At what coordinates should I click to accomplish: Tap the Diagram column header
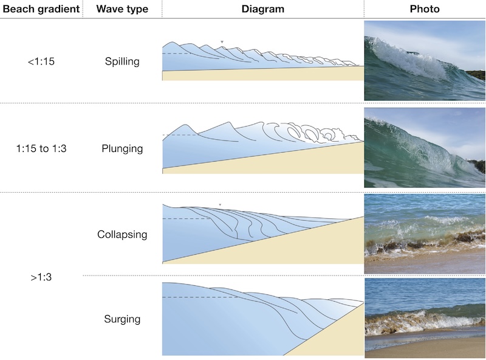pyautogui.click(x=263, y=9)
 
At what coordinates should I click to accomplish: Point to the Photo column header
pyautogui.click(x=425, y=9)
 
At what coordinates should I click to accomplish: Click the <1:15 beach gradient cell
pyautogui.click(x=41, y=61)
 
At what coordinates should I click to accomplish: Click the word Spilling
pyautogui.click(x=122, y=61)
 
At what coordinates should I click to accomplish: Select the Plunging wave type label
pyautogui.click(x=122, y=149)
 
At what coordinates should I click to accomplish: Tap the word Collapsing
pyautogui.click(x=122, y=234)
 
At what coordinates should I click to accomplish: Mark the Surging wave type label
pyautogui.click(x=122, y=319)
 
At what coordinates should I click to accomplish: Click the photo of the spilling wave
pyautogui.click(x=425, y=61)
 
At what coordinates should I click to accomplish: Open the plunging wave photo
pyautogui.click(x=425, y=147)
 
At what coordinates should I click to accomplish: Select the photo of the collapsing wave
pyautogui.click(x=425, y=234)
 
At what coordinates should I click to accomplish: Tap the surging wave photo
pyautogui.click(x=425, y=317)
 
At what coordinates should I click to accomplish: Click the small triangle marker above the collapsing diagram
pyautogui.click(x=221, y=204)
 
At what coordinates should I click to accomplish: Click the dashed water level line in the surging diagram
pyautogui.click(x=194, y=297)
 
